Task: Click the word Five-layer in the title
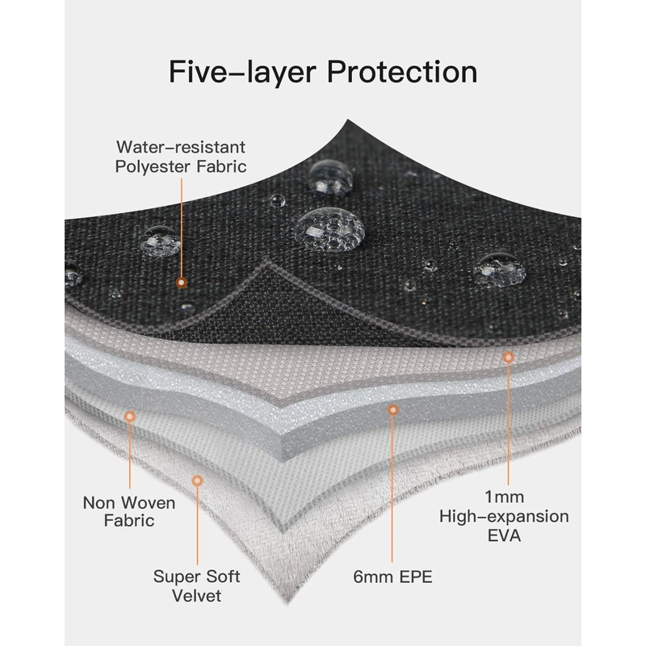coord(223,71)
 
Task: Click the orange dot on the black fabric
coord(182,283)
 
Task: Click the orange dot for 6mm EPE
coord(393,410)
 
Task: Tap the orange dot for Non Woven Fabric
coord(129,417)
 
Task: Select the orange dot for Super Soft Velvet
coord(196,480)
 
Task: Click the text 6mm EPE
coord(393,577)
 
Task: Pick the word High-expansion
coord(504,516)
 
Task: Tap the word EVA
coord(503,536)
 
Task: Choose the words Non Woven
coord(129,502)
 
